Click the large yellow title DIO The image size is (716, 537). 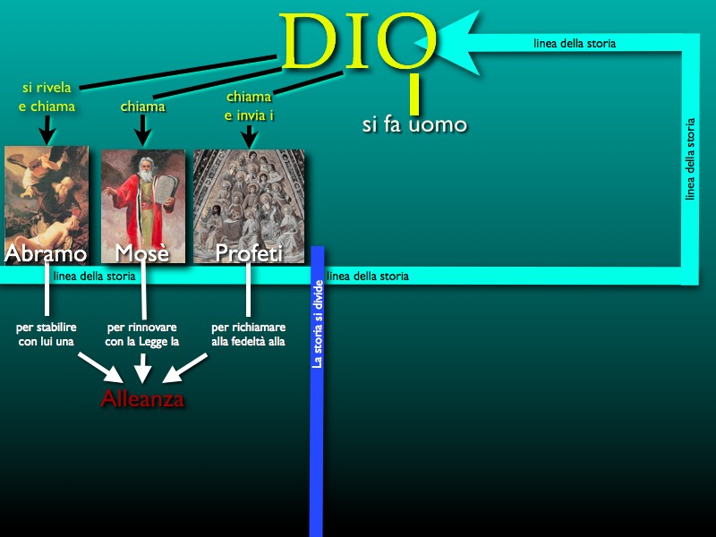(x=358, y=42)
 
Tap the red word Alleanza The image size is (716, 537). (x=142, y=398)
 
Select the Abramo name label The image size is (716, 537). (x=46, y=253)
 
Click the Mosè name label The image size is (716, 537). (x=142, y=253)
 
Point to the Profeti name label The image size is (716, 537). (x=249, y=253)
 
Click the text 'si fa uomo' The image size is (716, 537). (x=414, y=124)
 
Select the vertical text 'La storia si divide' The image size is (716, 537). (x=318, y=324)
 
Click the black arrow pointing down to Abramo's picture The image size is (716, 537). (x=47, y=130)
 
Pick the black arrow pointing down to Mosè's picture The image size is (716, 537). (x=143, y=130)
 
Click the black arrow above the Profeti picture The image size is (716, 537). (x=249, y=137)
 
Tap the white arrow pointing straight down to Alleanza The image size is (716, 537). (x=143, y=368)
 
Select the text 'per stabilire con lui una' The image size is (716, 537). (x=47, y=334)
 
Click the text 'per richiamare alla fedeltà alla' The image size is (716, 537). (x=249, y=334)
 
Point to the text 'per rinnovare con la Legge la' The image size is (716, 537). (x=142, y=334)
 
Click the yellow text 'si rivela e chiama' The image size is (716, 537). (x=47, y=97)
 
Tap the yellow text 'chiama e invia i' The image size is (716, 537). (x=249, y=106)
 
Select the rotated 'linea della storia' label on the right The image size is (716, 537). (x=690, y=159)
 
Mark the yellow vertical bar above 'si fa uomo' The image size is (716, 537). (x=414, y=94)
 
